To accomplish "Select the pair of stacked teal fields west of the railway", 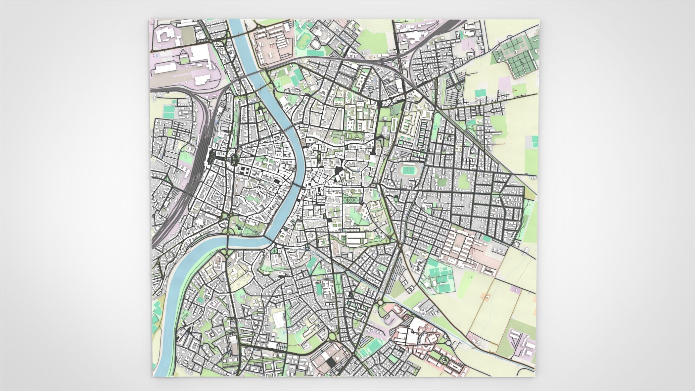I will pyautogui.click(x=169, y=111).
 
